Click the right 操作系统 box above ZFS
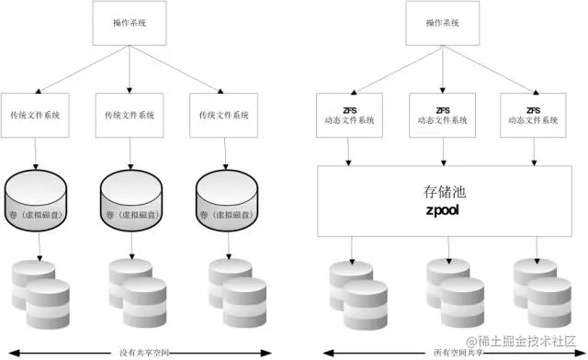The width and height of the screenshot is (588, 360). (x=444, y=23)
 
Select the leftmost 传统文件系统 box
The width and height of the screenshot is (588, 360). (x=36, y=116)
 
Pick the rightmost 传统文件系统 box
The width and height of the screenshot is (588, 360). (x=225, y=116)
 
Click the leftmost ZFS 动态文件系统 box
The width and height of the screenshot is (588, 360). (x=347, y=116)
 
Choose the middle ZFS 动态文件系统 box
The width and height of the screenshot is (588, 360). (x=443, y=116)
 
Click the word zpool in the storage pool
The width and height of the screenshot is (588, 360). (x=441, y=210)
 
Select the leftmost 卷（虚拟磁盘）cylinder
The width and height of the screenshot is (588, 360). (x=37, y=200)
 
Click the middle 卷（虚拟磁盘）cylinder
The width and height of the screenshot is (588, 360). (x=131, y=200)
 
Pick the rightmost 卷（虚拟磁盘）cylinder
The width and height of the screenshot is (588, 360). (x=227, y=200)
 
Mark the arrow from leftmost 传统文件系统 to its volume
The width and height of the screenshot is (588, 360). (x=35, y=153)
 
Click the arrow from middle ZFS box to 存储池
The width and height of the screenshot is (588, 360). (x=444, y=152)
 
